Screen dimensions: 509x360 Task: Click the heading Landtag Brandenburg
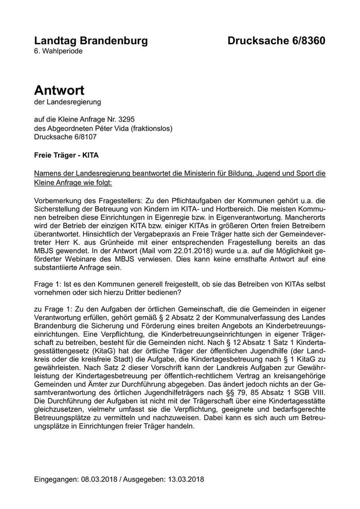coord(91,41)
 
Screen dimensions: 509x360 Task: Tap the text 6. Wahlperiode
coord(58,51)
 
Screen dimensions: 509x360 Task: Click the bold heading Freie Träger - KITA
coord(66,155)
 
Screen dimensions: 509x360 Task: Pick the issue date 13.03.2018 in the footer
coord(186,479)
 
